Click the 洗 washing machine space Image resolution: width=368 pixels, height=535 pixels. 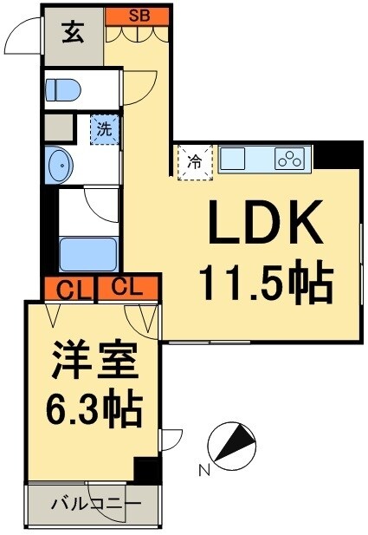[x=104, y=130]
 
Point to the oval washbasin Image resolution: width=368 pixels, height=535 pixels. [x=59, y=165]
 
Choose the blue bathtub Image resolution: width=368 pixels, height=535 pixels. [x=87, y=252]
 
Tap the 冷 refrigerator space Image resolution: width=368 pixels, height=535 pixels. [x=195, y=161]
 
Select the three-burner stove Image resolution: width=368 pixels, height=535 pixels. [x=289, y=159]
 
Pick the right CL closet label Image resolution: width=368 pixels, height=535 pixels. [x=126, y=287]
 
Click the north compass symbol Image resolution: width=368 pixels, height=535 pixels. [x=231, y=443]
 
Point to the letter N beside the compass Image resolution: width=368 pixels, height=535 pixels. [x=204, y=471]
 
